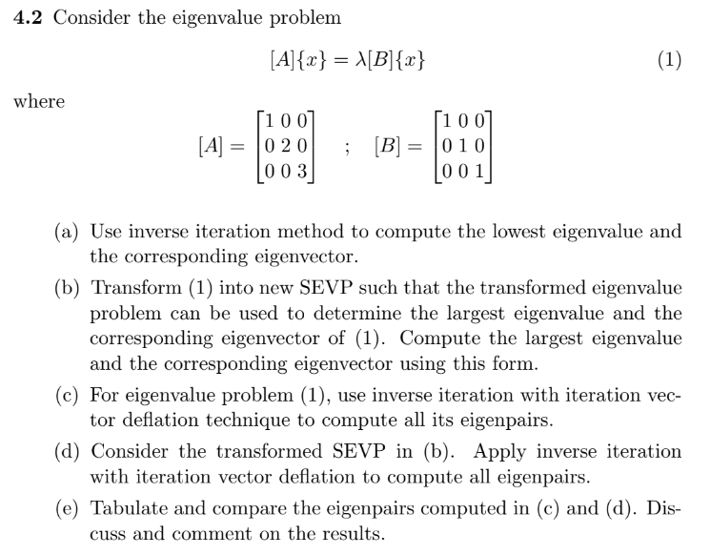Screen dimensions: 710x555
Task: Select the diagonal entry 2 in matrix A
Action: (282, 146)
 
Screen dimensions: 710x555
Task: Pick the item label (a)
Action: (70, 232)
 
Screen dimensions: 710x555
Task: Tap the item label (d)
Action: (70, 451)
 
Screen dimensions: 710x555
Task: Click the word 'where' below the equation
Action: (39, 101)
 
